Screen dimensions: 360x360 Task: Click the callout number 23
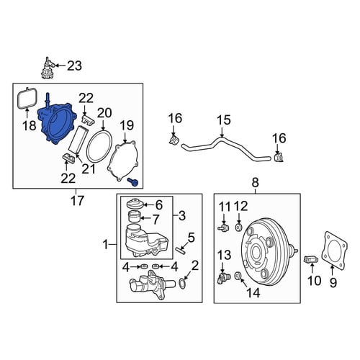[x=74, y=66]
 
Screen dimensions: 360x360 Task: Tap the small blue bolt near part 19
[x=132, y=182]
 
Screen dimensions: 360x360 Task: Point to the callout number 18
[x=30, y=125]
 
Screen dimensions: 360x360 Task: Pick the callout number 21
[x=89, y=168]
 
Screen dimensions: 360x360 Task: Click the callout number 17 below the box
[x=77, y=201]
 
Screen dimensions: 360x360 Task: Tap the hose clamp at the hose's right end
[x=279, y=158]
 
